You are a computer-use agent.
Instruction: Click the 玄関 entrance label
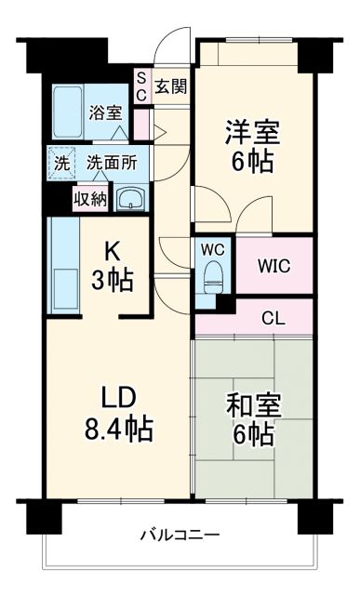171,86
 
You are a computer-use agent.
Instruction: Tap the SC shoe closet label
141,86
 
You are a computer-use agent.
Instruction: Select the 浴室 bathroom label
105,113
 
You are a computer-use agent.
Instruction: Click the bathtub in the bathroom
67,113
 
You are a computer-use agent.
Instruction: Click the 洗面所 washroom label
112,161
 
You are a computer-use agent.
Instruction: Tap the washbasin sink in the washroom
132,196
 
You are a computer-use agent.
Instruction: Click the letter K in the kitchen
111,250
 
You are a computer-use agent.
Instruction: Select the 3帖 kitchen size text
111,278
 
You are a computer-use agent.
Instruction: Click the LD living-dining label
120,399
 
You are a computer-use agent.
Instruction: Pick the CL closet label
273,318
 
